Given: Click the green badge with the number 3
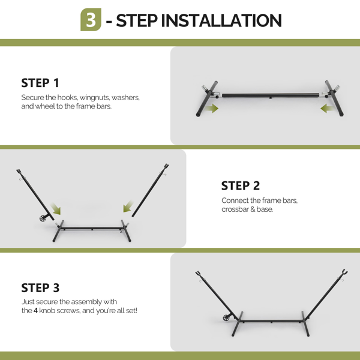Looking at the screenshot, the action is (x=91, y=20).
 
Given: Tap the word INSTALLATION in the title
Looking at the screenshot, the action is (x=221, y=20).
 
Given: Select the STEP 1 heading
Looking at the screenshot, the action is (x=40, y=83).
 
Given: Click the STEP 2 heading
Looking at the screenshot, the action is (x=241, y=186).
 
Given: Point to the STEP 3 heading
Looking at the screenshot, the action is (x=40, y=287).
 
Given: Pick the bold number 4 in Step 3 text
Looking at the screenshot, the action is (x=35, y=311).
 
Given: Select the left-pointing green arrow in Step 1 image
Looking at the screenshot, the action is (x=327, y=109).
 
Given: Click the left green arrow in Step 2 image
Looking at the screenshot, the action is (x=56, y=208).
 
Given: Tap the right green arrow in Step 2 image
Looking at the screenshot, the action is (x=128, y=206).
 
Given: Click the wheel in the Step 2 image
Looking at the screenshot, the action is (x=43, y=218).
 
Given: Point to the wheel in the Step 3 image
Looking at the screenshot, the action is (x=226, y=318).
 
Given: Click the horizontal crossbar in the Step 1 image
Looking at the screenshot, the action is (x=271, y=95).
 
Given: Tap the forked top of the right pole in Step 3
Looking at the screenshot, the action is (x=344, y=273).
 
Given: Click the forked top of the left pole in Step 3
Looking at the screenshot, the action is (x=199, y=274).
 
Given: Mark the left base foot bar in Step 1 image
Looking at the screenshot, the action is (x=207, y=99).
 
